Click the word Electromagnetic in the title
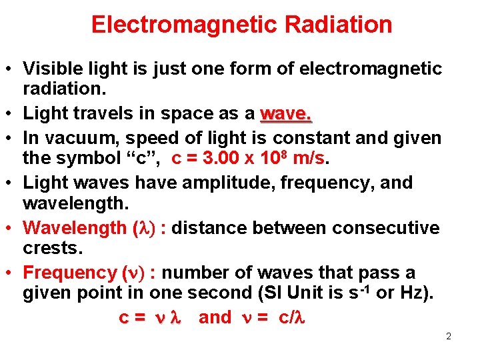185,25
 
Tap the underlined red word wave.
286,113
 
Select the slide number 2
449,337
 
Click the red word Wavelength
74,228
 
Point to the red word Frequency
69,273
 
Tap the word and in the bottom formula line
215,317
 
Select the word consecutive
387,228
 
